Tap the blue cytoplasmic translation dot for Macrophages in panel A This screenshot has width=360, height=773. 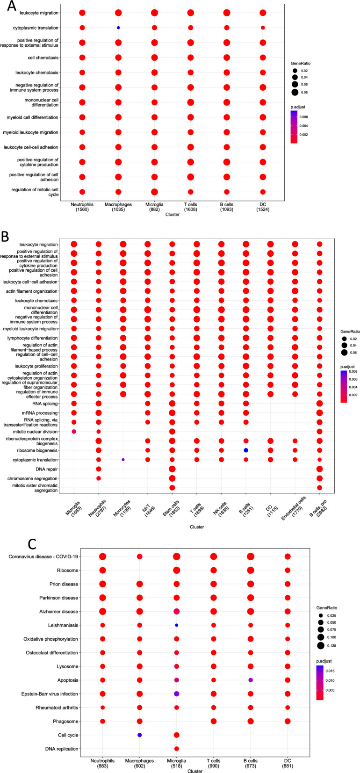click(118, 28)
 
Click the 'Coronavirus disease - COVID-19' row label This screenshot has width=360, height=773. click(43, 556)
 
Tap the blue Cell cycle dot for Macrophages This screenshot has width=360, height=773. click(139, 735)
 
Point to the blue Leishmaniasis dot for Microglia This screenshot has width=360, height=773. click(177, 625)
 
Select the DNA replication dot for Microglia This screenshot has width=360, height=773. click(177, 749)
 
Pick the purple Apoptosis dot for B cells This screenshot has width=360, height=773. click(251, 680)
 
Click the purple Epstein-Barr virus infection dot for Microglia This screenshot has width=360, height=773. click(177, 694)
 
